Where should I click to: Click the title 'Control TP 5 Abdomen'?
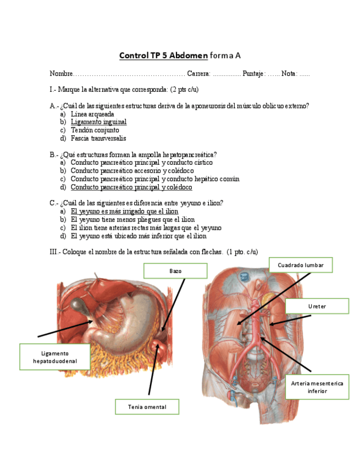coord(163,56)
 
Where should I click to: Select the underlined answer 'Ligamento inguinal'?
coord(98,122)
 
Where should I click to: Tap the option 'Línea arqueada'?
coord(92,114)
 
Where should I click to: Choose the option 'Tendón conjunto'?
coord(95,130)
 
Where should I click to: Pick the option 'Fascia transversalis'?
coord(98,138)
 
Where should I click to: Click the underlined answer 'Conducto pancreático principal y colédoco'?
coord(131,187)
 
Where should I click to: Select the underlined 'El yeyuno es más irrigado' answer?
coord(124,212)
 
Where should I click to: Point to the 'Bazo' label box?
coord(175,271)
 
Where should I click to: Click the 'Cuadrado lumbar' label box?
coord(301,265)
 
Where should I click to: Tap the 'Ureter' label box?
coord(317,306)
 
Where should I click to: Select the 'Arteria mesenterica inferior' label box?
coord(317,387)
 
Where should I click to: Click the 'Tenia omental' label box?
coord(147,407)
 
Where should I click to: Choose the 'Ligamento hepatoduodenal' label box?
coord(54,357)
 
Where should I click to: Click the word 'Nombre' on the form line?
coord(61,74)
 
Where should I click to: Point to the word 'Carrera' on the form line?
coord(198,74)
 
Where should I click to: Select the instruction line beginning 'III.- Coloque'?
coord(153,252)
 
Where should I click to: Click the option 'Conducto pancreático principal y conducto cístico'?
coord(141,163)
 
